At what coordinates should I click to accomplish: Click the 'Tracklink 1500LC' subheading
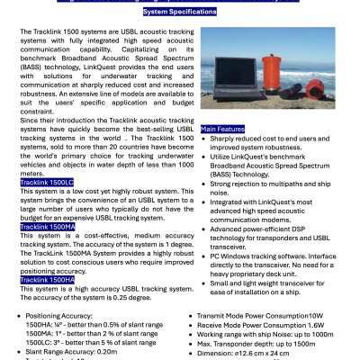pos(48,183)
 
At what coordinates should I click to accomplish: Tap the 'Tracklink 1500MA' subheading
pos(49,225)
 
